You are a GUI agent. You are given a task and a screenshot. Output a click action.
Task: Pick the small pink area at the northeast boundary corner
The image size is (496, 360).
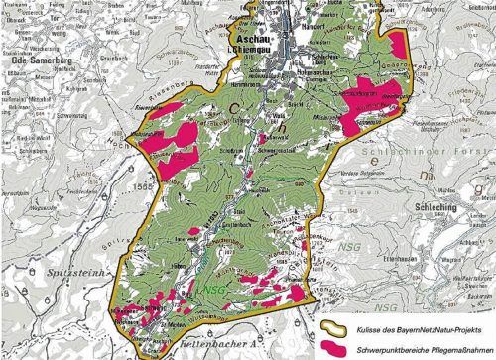399,42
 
